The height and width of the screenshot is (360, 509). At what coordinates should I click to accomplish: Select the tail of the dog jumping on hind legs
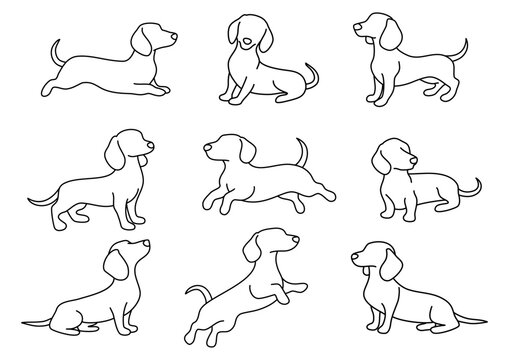[196, 293]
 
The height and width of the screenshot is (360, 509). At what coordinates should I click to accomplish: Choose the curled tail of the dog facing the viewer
[311, 75]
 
